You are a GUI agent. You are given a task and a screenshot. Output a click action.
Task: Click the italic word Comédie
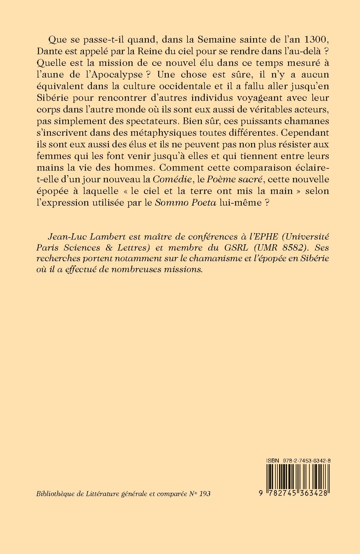click(x=172, y=180)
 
